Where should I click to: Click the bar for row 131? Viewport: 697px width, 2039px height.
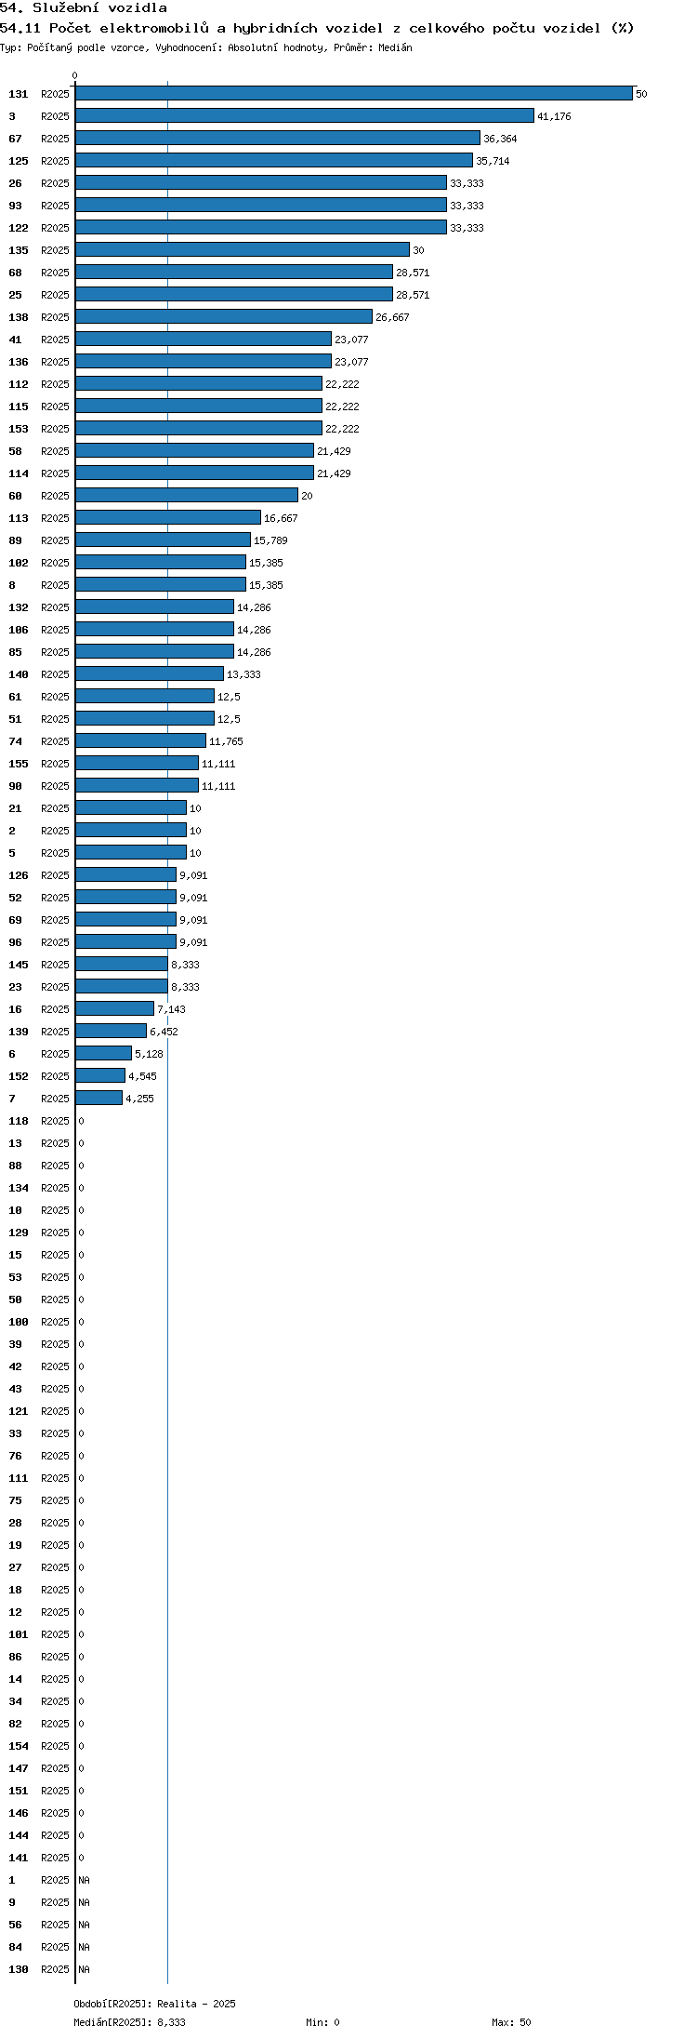point(354,93)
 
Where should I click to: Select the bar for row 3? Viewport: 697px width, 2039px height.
point(305,115)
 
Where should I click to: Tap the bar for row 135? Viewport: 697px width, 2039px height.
point(243,249)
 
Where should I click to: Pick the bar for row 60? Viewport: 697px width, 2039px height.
point(187,495)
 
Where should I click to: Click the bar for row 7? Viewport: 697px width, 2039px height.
point(99,1098)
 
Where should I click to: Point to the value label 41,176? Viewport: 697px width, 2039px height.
point(554,116)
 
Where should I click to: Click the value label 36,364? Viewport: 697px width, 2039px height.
point(500,139)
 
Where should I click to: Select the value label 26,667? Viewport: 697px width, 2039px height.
point(392,317)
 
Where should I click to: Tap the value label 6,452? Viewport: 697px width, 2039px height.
point(164,1032)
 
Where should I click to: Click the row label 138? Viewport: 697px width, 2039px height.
point(19,317)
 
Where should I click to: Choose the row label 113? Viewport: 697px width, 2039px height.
point(19,518)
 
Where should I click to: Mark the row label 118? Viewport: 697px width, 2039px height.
point(19,1121)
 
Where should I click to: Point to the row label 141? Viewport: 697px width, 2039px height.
point(19,1858)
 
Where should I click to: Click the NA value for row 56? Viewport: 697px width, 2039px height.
point(84,1925)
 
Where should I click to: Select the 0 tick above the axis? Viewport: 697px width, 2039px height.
point(75,75)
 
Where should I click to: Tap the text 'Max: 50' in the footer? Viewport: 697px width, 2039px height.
point(511,2022)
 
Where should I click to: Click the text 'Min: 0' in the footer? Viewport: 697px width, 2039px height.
point(322,2022)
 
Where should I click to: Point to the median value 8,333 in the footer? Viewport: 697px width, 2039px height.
point(171,2022)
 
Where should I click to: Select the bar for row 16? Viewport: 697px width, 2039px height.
point(115,1008)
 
